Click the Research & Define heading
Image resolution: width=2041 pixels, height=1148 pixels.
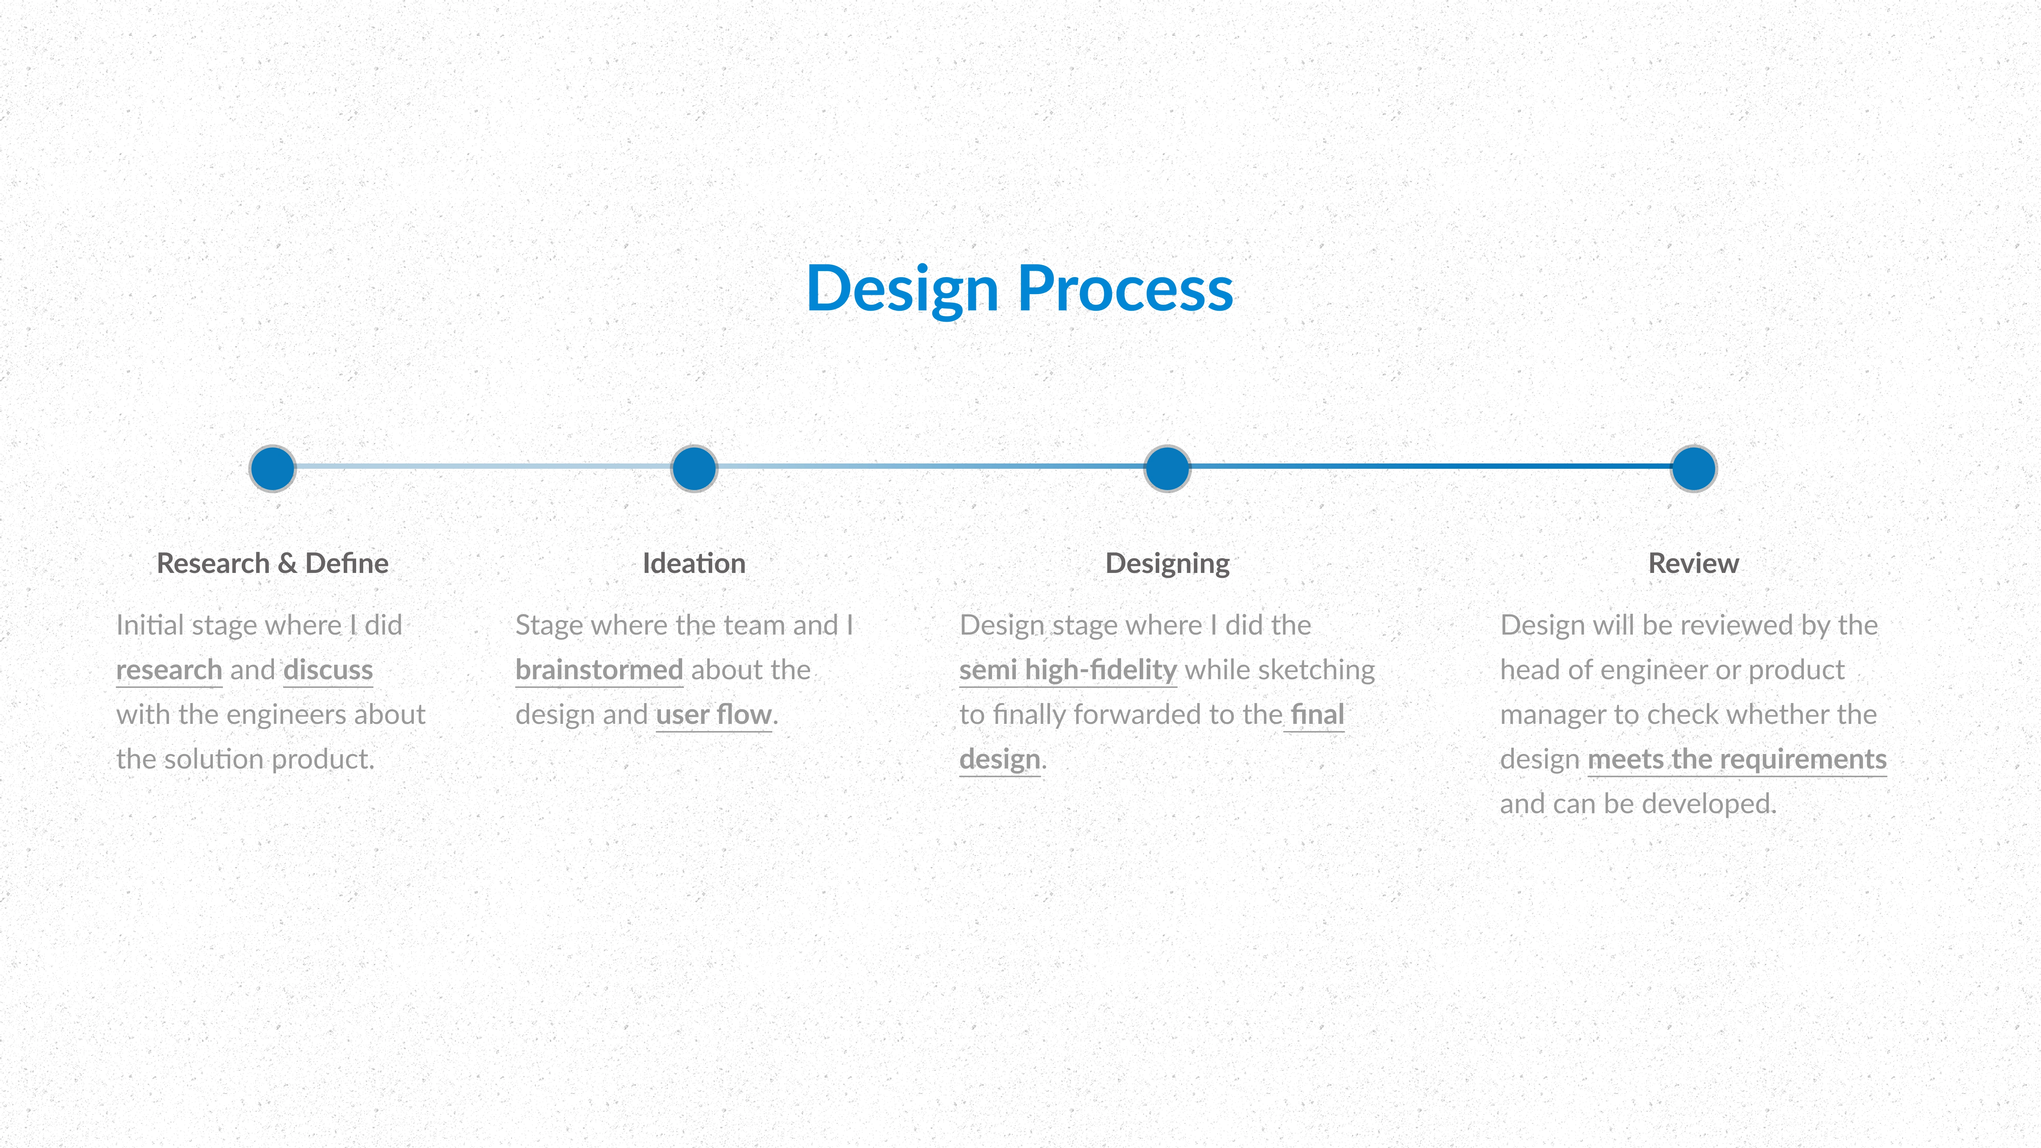272,563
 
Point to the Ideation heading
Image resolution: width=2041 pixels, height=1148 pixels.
694,563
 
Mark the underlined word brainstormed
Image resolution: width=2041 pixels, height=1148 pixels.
599,670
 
